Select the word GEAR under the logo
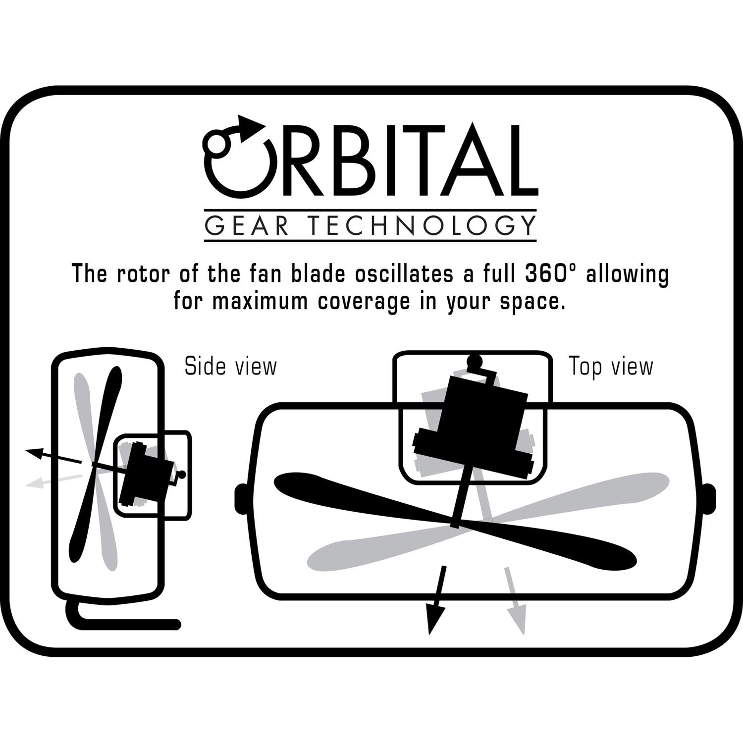click(247, 225)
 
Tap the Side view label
click(230, 367)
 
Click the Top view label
click(611, 367)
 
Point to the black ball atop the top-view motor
click(475, 361)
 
